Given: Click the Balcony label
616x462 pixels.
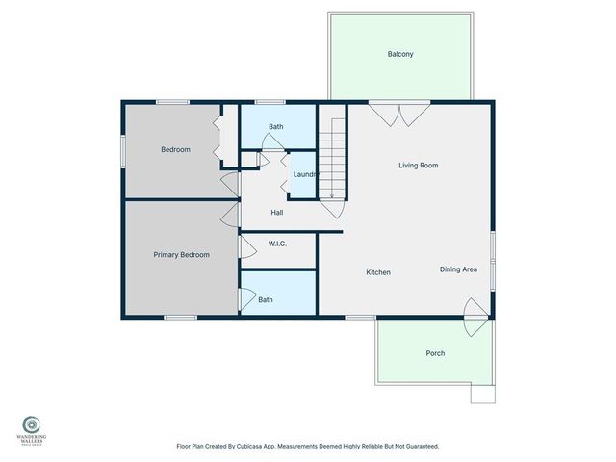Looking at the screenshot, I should (x=400, y=54).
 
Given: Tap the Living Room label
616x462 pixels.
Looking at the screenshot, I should (x=419, y=166).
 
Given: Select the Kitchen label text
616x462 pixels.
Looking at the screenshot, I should (x=378, y=273).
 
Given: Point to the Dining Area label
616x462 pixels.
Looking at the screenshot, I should (x=459, y=269).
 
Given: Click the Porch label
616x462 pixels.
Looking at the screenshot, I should (x=435, y=353).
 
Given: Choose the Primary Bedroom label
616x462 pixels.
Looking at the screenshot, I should (x=181, y=254).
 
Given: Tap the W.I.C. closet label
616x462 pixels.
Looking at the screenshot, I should (x=278, y=244).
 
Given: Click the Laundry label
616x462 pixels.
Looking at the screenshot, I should (x=305, y=174).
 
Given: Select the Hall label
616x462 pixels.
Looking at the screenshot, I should (x=276, y=213).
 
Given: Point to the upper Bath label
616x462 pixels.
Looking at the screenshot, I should (x=276, y=127).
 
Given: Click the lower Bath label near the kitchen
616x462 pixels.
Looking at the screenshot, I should (x=265, y=300).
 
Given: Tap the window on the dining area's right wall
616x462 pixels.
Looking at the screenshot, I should (x=491, y=260).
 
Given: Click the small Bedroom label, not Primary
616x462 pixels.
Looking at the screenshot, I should (x=175, y=149).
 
